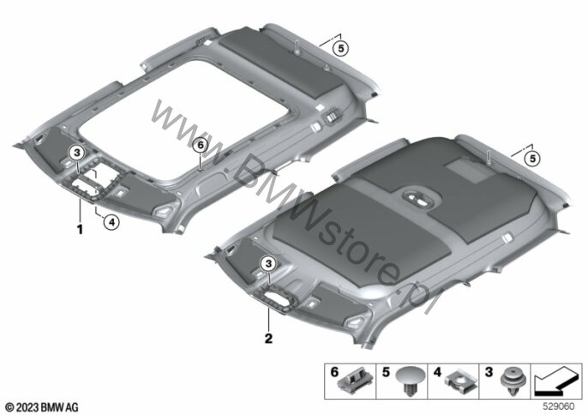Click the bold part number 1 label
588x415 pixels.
point(80,229)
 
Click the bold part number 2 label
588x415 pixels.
point(268,339)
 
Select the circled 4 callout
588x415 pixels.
point(111,223)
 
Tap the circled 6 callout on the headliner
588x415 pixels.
point(201,145)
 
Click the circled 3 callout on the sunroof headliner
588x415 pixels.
point(77,153)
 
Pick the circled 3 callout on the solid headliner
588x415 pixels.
point(269,264)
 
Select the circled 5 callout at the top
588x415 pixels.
point(340,48)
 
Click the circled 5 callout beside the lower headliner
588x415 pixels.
point(532,159)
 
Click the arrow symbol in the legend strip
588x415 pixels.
point(555,382)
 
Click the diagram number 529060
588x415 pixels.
point(559,406)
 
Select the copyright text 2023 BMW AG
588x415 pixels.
point(42,407)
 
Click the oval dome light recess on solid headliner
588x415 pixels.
point(417,198)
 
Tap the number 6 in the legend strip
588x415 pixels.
point(334,373)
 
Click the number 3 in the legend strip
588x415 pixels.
point(489,373)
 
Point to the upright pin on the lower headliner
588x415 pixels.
point(489,157)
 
